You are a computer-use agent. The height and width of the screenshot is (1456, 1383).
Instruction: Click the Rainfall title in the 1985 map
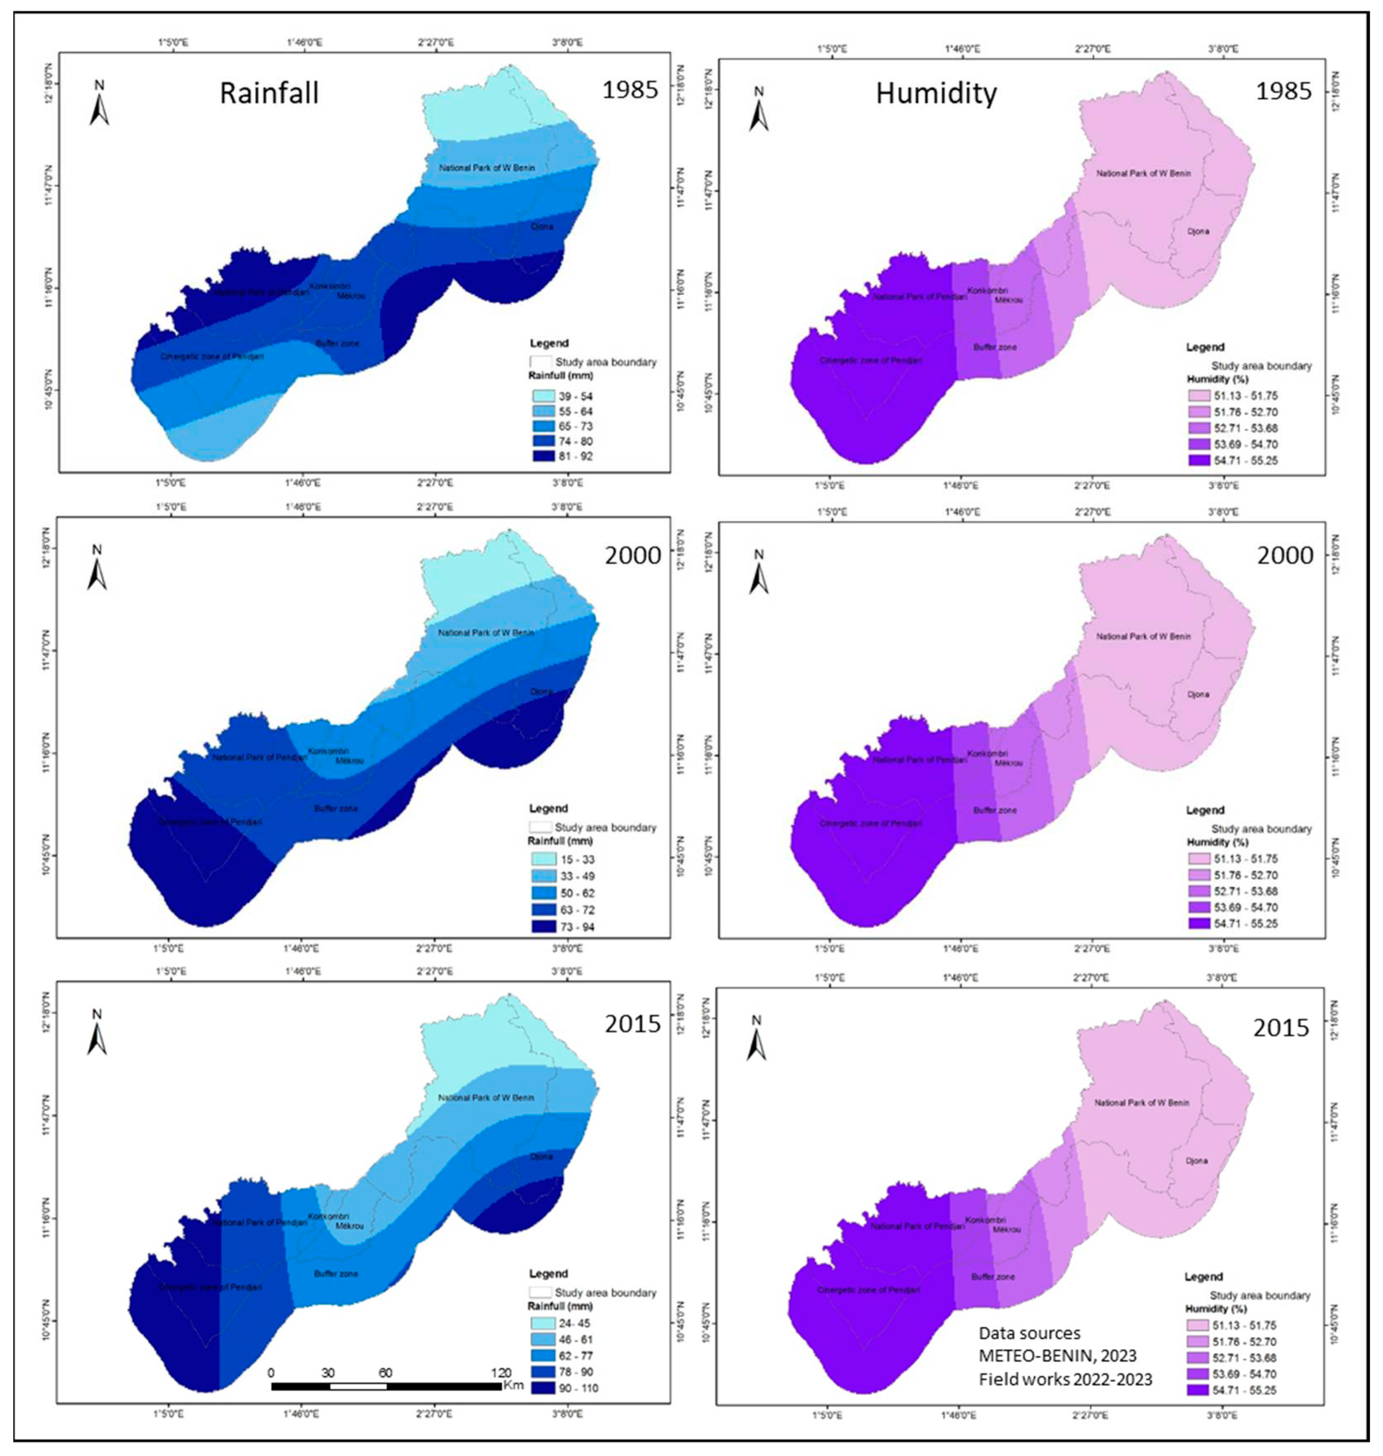click(x=269, y=93)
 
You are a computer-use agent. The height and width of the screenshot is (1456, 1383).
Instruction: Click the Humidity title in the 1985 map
click(x=936, y=93)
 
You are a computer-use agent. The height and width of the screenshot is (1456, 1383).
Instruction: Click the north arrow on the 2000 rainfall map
click(x=97, y=569)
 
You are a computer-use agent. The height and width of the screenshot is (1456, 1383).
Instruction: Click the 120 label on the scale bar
click(x=501, y=1372)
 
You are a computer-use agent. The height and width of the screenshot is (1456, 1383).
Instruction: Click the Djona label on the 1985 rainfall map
click(x=542, y=226)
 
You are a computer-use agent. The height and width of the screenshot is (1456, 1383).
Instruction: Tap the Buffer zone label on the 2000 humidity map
click(x=995, y=810)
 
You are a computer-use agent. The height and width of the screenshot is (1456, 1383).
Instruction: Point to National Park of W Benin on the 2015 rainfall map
click(x=486, y=1097)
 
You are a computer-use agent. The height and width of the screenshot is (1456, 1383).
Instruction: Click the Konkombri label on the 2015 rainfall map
click(x=328, y=1216)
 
